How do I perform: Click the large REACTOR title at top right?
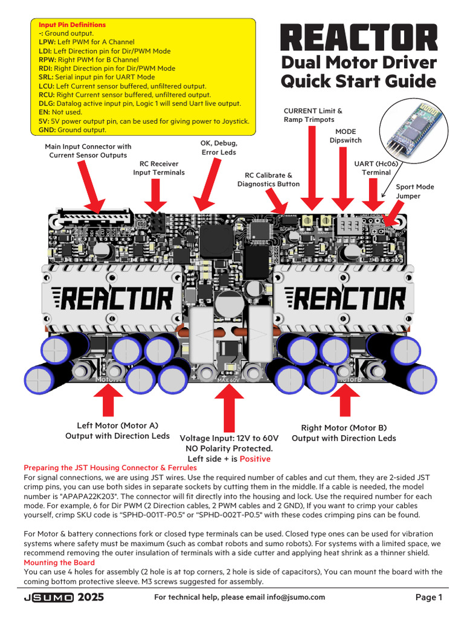(359, 37)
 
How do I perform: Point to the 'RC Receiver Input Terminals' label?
(159, 168)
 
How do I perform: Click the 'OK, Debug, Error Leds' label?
(219, 148)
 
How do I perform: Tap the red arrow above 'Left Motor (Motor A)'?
(109, 401)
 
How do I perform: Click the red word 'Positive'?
(255, 459)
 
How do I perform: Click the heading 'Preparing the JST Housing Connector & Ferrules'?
(110, 468)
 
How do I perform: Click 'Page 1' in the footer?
(429, 597)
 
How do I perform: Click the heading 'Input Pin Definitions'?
(72, 25)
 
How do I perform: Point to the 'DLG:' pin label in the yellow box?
(47, 104)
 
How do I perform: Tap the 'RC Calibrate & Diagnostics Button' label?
(268, 179)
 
